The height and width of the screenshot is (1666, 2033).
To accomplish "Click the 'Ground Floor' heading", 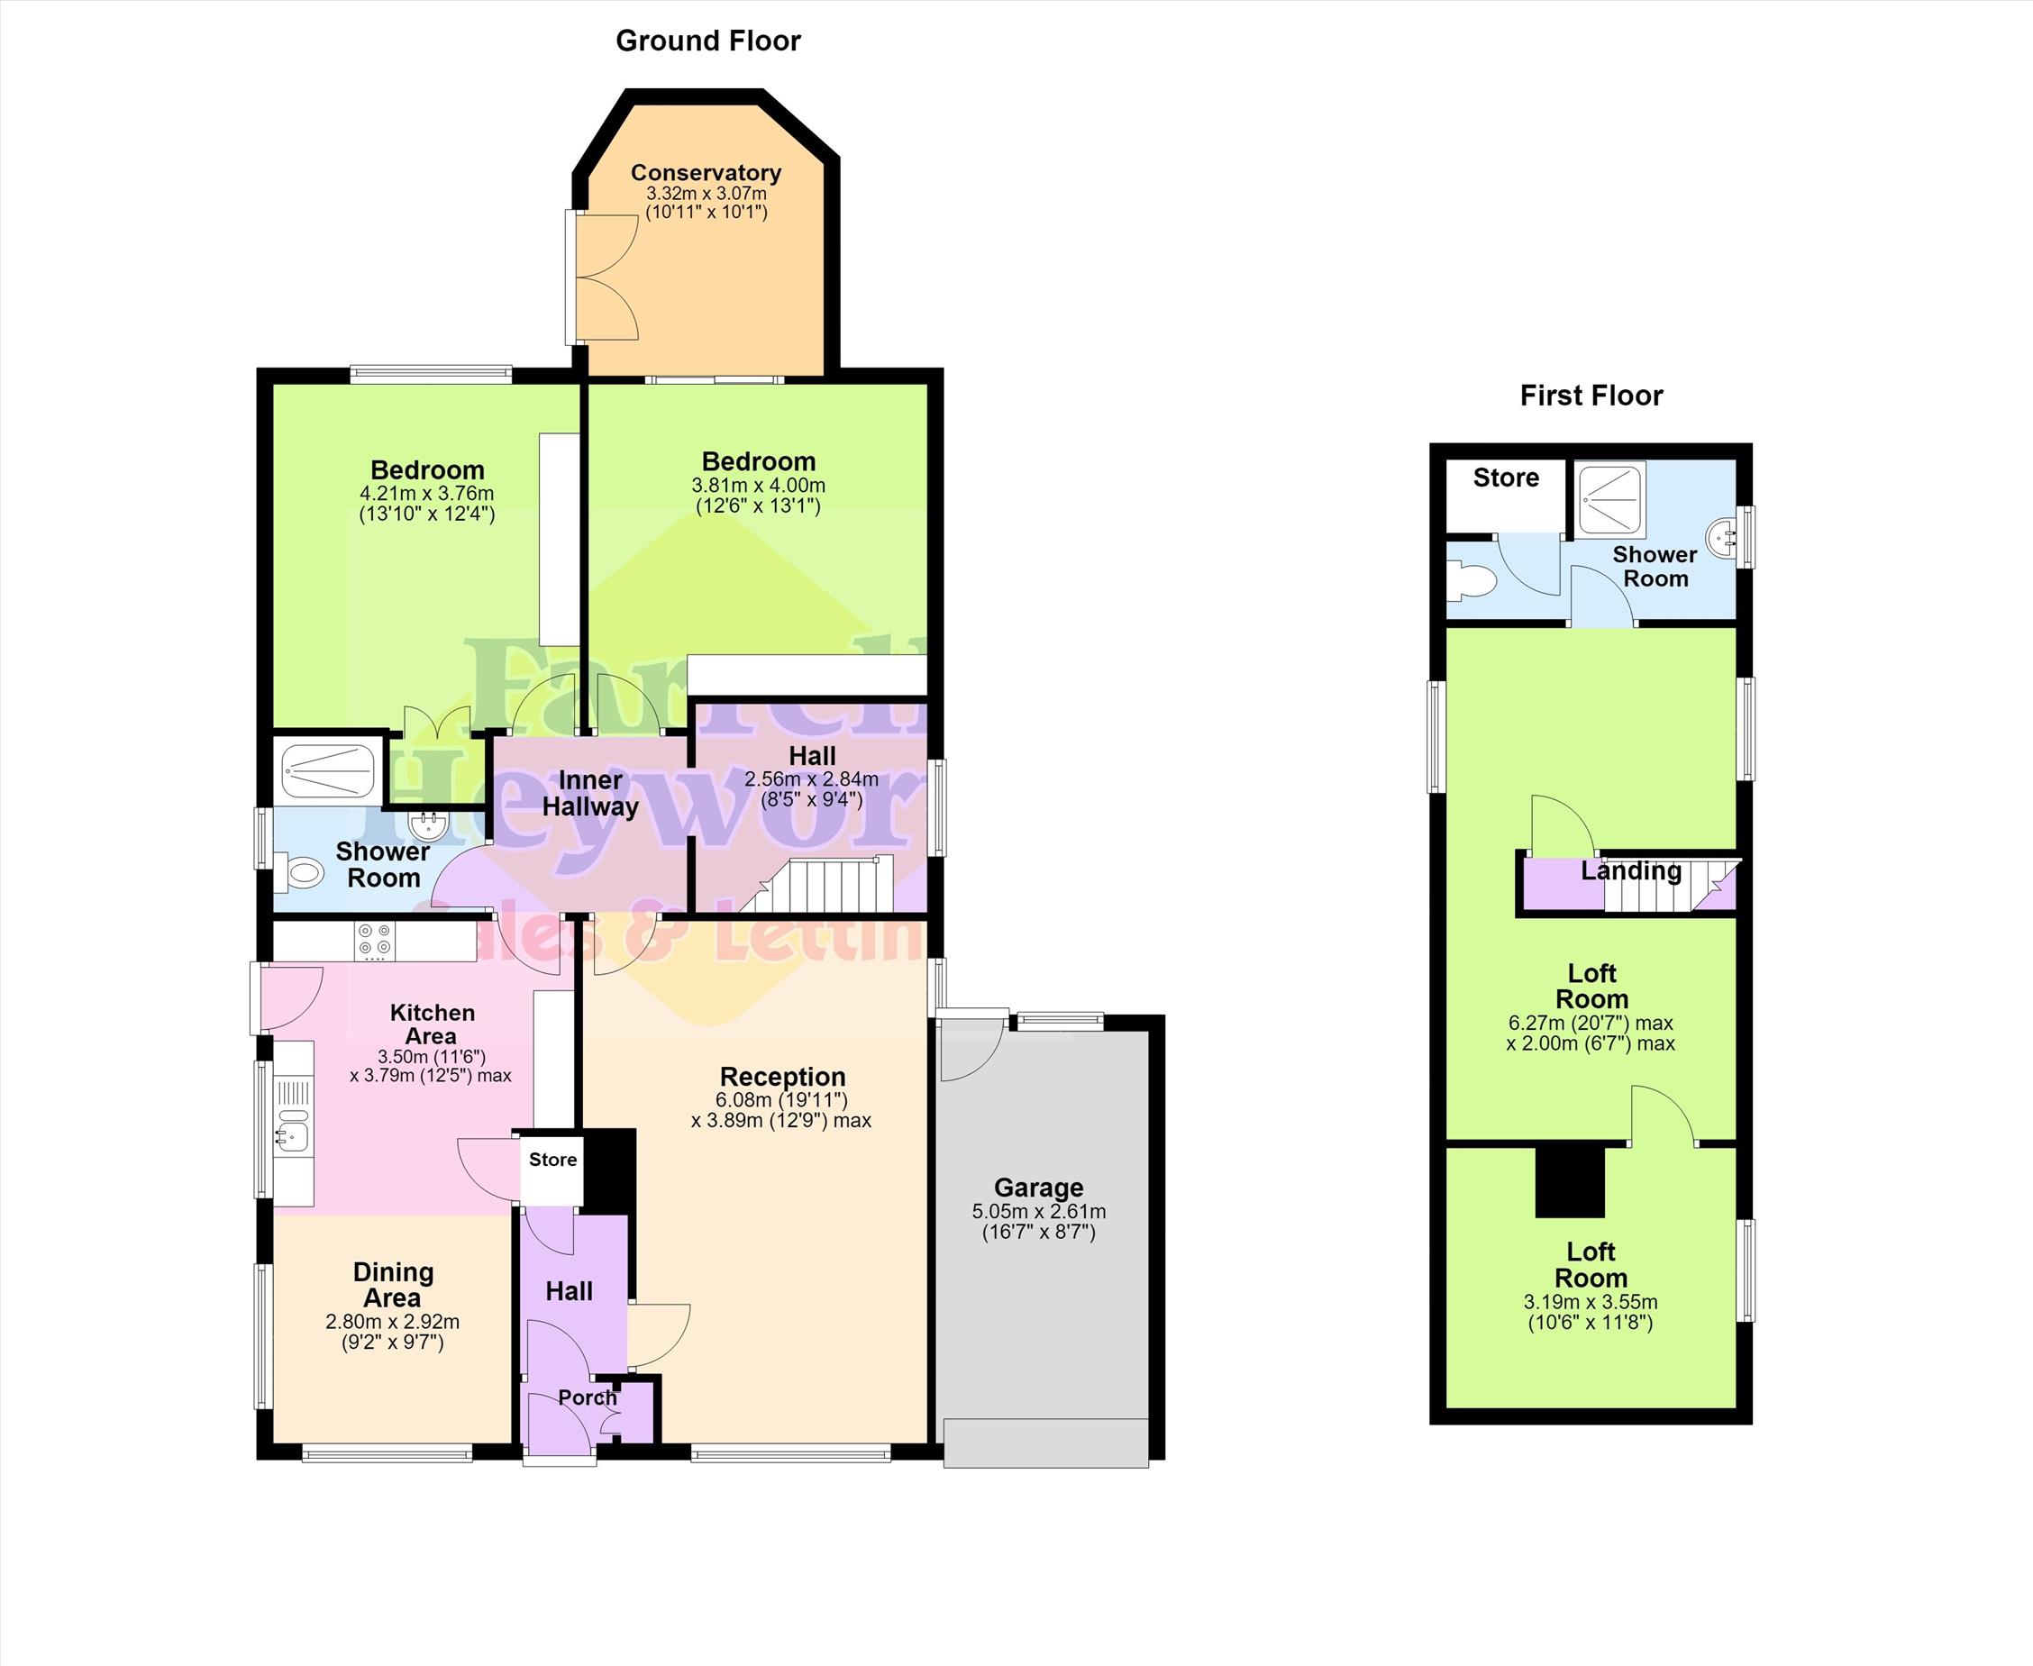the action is (x=707, y=41).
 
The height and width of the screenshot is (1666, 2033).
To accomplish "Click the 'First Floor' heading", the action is (x=1591, y=396).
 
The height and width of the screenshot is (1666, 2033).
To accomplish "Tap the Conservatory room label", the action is (x=706, y=173).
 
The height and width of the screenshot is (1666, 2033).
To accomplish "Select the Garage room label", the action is (x=1038, y=1188).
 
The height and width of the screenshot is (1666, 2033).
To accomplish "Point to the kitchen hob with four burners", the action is (x=375, y=942).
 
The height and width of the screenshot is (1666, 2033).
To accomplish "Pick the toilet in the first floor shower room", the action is (x=1472, y=580).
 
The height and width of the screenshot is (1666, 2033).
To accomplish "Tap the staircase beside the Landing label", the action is (x=1670, y=885).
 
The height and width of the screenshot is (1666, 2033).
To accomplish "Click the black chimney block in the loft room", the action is (x=1570, y=1182).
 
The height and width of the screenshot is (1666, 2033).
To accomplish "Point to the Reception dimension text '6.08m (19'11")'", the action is (x=781, y=1100).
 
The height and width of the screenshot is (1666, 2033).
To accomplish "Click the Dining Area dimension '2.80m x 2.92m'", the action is (x=393, y=1322).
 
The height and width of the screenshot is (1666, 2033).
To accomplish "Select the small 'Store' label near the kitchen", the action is (x=553, y=1160).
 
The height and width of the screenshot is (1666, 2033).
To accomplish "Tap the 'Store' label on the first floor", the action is (x=1506, y=478).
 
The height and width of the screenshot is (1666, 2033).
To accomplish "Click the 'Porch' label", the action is (x=588, y=1398).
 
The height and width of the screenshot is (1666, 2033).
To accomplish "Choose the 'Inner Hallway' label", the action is (x=589, y=794).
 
